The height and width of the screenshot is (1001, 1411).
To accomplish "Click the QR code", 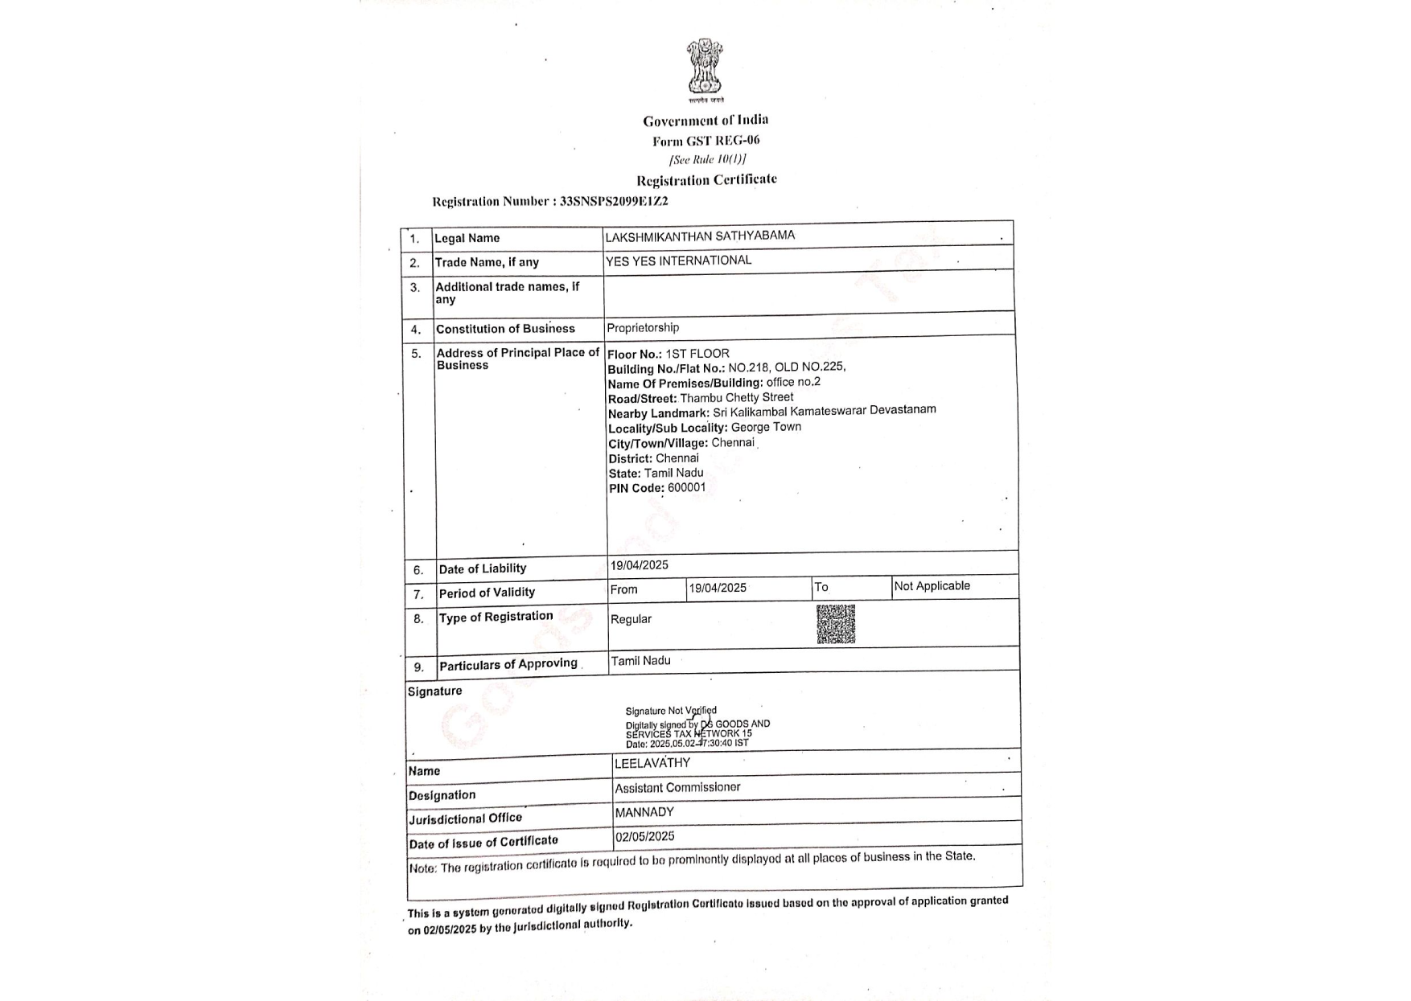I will [835, 624].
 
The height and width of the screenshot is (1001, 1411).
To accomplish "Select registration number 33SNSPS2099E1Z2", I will [614, 201].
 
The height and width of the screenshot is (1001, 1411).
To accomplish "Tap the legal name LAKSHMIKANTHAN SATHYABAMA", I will [700, 236].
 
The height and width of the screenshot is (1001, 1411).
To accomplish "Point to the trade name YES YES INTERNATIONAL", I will [678, 261].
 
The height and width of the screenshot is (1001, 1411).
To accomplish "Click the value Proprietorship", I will [643, 328].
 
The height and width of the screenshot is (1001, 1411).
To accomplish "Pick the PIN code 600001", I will [686, 487].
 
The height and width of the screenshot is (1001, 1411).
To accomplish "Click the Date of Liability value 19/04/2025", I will [639, 565].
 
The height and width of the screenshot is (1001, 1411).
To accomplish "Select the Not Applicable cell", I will [932, 586].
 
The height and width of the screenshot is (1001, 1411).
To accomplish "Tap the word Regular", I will [631, 619].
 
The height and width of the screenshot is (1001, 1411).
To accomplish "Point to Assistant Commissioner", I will [677, 788].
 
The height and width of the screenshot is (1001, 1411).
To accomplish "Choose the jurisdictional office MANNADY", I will [644, 812].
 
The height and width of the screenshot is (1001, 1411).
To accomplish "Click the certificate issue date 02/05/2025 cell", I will [644, 836].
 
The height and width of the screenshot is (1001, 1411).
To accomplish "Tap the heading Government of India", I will [705, 121].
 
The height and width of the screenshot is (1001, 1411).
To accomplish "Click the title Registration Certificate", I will [706, 179].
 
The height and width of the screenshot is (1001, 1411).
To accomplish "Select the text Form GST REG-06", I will [705, 141].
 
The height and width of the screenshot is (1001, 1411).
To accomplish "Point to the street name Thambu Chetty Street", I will [736, 397].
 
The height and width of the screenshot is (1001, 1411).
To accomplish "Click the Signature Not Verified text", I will [671, 711].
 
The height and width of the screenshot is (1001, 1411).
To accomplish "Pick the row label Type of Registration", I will [496, 617].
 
